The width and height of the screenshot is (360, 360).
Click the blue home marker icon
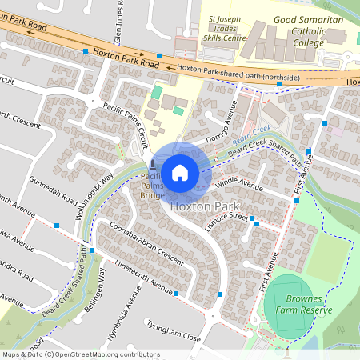pos(179,172)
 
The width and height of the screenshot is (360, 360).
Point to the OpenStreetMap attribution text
pos(80,354)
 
